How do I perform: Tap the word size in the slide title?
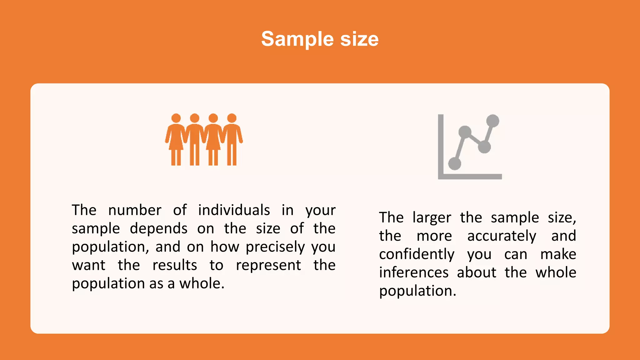click(359, 39)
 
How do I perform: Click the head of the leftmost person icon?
click(176, 118)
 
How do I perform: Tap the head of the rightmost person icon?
click(232, 118)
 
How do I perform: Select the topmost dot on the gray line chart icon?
click(493, 121)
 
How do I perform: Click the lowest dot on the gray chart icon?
click(455, 163)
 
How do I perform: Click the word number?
click(135, 210)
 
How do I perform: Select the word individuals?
click(234, 210)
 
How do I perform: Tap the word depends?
click(159, 228)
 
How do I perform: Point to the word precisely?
click(275, 247)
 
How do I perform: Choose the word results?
click(175, 265)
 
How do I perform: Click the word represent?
click(268, 265)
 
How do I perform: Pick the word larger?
click(432, 217)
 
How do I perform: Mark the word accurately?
click(502, 236)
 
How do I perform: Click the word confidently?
click(417, 254)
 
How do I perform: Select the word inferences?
click(414, 272)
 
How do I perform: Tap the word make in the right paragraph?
click(558, 254)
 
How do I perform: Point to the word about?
click(477, 272)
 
